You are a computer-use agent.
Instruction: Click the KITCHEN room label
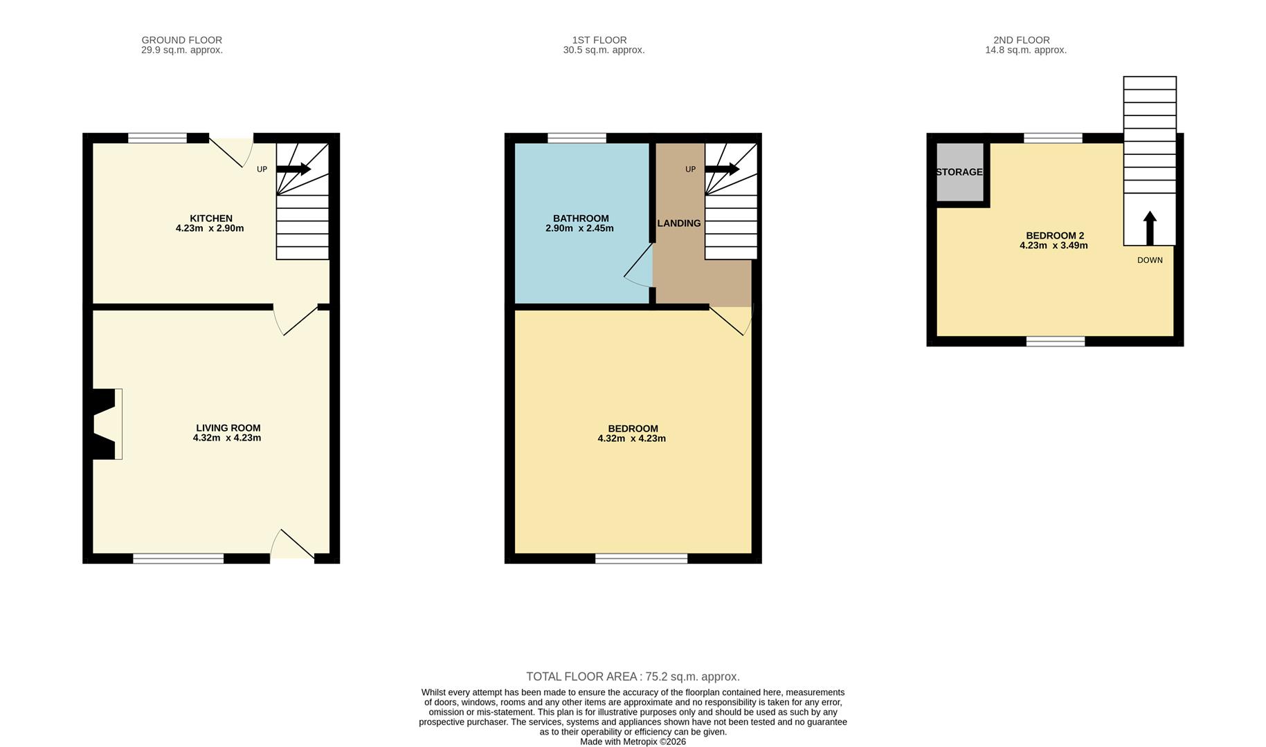click(211, 219)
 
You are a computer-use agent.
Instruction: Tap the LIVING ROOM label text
click(228, 428)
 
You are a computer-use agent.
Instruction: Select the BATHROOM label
click(581, 219)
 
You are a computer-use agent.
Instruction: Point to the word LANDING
click(679, 223)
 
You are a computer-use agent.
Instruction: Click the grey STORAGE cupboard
click(959, 172)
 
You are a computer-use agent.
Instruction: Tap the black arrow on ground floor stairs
click(293, 169)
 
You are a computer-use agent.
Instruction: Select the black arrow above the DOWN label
click(1150, 228)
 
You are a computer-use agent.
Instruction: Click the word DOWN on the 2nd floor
click(1150, 260)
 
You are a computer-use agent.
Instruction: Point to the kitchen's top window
click(157, 138)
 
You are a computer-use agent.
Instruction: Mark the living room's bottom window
click(179, 558)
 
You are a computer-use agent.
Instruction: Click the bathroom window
click(577, 138)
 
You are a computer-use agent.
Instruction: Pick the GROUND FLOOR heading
click(181, 40)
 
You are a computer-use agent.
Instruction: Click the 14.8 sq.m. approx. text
click(1026, 50)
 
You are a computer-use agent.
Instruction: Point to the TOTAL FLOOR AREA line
click(633, 676)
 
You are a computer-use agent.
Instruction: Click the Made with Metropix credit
click(633, 741)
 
